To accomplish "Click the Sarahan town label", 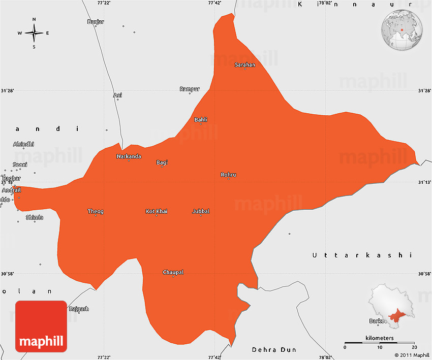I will coord(245,64).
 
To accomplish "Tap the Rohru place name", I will coord(228,175).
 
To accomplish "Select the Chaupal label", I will coord(173,272).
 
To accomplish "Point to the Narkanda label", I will coord(129,156).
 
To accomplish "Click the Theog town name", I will coord(96,211).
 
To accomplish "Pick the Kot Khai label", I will coord(157,211).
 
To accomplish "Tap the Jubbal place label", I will coord(201,211).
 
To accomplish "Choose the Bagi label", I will coord(162,162).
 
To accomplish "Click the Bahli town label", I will coord(201,120).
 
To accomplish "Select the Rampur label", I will coord(190,89).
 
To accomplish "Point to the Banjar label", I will coord(96,22).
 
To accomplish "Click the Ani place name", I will coord(117,95).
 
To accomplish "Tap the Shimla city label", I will coord(35,217).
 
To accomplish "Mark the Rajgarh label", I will coord(79,309).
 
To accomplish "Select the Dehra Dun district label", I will coord(274,350).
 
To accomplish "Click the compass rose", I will coord(34,33).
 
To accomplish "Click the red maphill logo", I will coord(41,326).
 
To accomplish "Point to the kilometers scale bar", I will coord(379,343).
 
